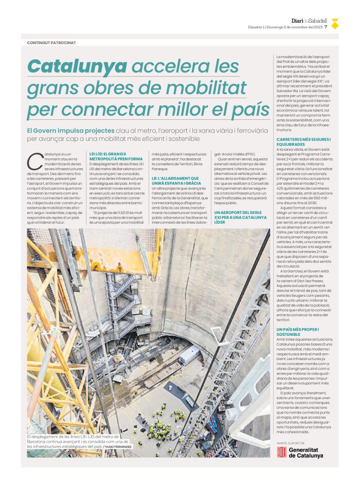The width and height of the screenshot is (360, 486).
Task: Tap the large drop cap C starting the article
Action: (34, 161)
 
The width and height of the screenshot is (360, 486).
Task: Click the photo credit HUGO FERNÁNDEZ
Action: (118, 447)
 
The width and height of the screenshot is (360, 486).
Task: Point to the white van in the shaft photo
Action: (190, 355)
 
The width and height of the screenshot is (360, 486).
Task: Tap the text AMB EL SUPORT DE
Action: (291, 442)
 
